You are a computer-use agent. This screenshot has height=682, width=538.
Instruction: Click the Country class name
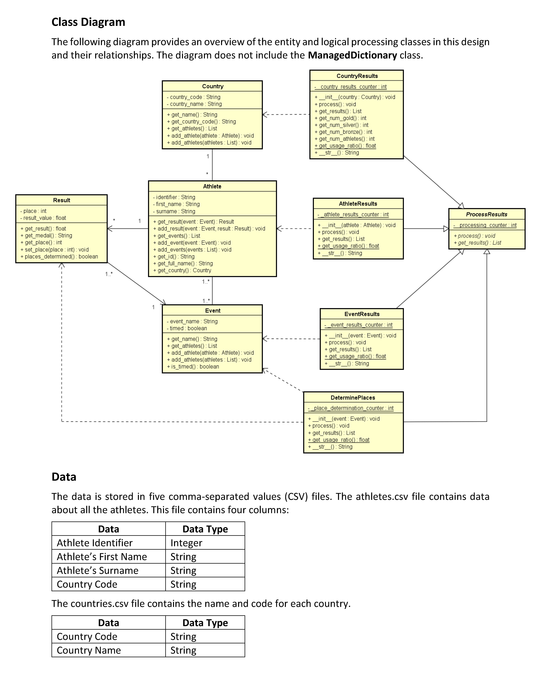[213, 86]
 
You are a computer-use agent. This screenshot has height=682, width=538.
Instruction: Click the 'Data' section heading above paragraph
[64, 477]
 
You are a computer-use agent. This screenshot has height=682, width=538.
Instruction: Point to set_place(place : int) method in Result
[54, 249]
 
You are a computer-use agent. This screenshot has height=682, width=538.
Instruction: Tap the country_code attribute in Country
[193, 97]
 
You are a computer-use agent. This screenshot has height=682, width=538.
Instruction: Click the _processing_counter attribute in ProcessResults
[485, 225]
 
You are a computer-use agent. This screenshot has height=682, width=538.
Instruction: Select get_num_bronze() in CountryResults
[345, 132]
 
